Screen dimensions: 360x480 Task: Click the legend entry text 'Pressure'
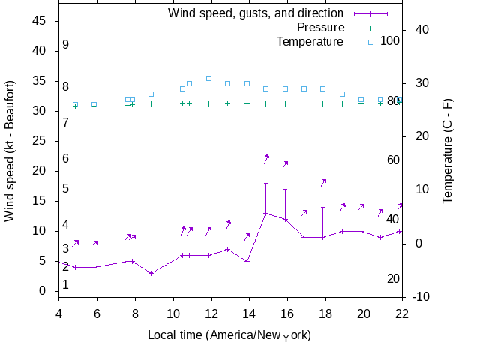321,28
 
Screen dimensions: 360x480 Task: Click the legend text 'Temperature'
310,42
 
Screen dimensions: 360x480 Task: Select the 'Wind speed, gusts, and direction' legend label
256,13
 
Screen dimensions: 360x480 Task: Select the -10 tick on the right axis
421,297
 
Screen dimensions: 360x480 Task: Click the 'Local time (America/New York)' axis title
229,334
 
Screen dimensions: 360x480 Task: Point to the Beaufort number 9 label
66,45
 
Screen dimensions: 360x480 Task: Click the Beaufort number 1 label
66,284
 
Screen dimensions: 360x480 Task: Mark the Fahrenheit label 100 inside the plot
390,40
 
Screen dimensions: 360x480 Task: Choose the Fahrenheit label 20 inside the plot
393,278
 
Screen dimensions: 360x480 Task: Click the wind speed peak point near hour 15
265,214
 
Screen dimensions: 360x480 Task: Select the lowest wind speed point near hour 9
151,273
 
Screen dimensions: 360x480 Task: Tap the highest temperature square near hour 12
208,78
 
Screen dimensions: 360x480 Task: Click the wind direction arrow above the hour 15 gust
266,158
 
